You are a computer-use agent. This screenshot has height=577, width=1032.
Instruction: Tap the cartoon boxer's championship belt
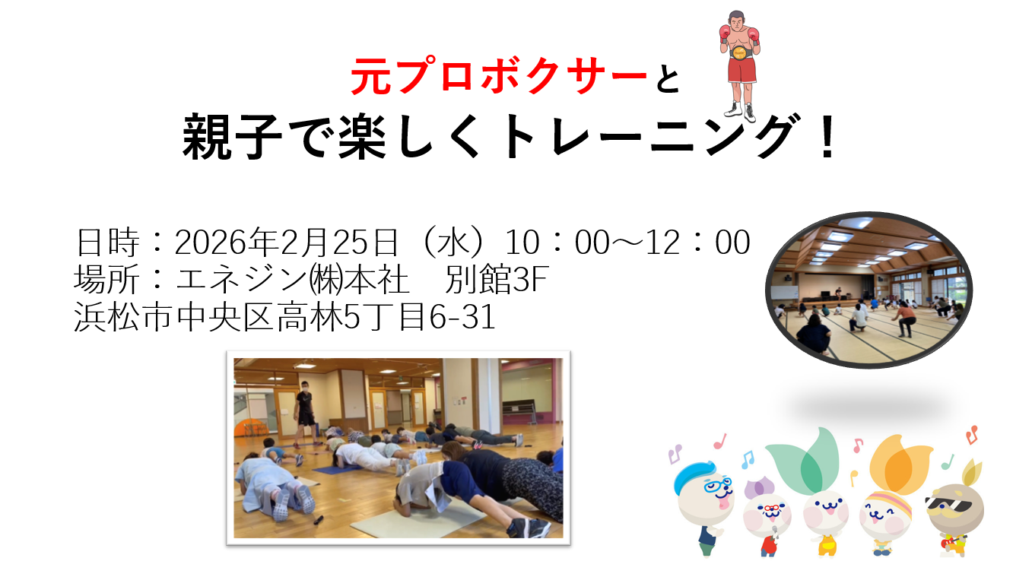point(741,52)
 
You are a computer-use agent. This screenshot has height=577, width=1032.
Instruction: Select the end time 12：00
point(697,243)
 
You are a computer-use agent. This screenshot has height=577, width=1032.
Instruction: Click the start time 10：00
point(557,243)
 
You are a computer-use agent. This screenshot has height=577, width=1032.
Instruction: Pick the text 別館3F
point(497,279)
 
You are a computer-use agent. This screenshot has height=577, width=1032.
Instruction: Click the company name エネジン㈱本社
point(292,279)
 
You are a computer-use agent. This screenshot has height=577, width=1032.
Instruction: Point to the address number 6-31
point(462,317)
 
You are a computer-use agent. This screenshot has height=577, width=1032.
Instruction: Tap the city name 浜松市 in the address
point(123,317)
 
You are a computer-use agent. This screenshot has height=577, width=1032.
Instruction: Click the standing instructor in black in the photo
point(304,413)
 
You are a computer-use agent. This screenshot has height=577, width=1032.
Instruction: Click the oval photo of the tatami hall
point(869,290)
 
